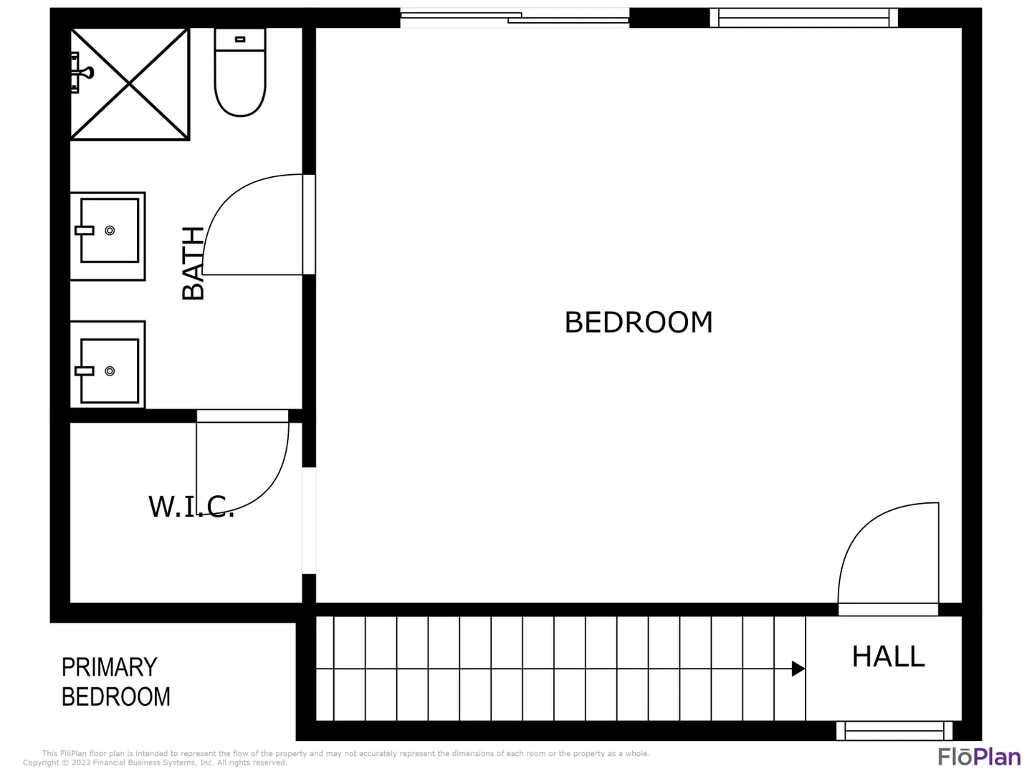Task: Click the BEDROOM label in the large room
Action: tap(638, 322)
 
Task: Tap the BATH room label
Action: tap(193, 263)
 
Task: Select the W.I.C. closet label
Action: tap(191, 507)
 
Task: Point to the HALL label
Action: tap(888, 656)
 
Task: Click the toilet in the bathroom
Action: tap(240, 72)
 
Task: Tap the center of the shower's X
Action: tap(129, 84)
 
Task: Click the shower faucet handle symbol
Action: tap(87, 72)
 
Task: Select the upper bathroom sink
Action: tap(107, 236)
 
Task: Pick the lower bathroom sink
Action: tap(107, 365)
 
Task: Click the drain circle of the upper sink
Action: tap(110, 230)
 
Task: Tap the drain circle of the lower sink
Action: tap(110, 371)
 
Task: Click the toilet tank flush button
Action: tap(240, 39)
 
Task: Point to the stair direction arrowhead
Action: tap(798, 668)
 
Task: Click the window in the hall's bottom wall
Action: tap(894, 731)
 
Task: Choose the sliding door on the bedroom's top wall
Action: tap(515, 18)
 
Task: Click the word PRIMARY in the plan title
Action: tap(109, 667)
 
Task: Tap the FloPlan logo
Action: tap(980, 757)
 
